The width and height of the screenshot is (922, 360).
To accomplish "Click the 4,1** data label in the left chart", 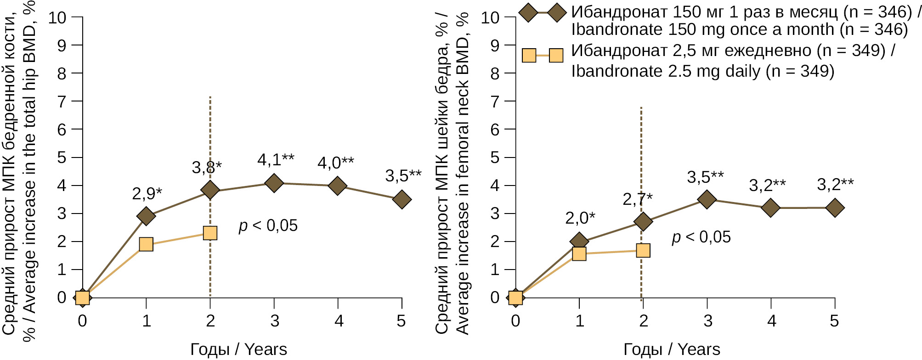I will [x=276, y=160].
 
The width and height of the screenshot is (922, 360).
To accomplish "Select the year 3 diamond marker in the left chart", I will [x=274, y=183].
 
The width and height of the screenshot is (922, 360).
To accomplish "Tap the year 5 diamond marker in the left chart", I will [x=402, y=199].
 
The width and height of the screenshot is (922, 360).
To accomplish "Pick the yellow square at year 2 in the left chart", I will [x=210, y=233].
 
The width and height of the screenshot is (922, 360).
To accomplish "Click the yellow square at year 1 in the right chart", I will [x=579, y=254].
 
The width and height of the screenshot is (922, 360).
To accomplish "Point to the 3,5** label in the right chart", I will [x=705, y=177].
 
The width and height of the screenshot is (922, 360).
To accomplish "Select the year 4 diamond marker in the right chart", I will [x=771, y=208].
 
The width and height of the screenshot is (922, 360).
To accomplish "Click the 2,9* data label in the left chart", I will [x=147, y=193].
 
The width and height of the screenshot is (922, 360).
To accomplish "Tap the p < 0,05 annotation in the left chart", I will [x=268, y=225].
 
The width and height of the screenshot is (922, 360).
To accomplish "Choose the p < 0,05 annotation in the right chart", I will [x=701, y=237].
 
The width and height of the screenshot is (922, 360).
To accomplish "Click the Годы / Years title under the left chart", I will [x=238, y=349].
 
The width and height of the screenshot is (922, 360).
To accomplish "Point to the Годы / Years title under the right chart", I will [x=672, y=349].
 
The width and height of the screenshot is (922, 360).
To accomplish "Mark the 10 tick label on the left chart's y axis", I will [x=57, y=17].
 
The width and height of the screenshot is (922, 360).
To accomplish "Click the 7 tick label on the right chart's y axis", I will [x=495, y=101].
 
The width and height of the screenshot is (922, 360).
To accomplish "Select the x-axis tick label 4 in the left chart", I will [x=339, y=321].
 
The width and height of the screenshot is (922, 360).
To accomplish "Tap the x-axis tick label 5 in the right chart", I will [x=834, y=321].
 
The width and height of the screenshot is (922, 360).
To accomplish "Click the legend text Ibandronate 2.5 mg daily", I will [x=702, y=71].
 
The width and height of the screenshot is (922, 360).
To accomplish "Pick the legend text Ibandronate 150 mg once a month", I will [x=739, y=29].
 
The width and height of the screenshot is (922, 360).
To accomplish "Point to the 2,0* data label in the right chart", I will [x=580, y=218].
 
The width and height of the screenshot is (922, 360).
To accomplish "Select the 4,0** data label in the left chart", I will [x=336, y=163].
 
